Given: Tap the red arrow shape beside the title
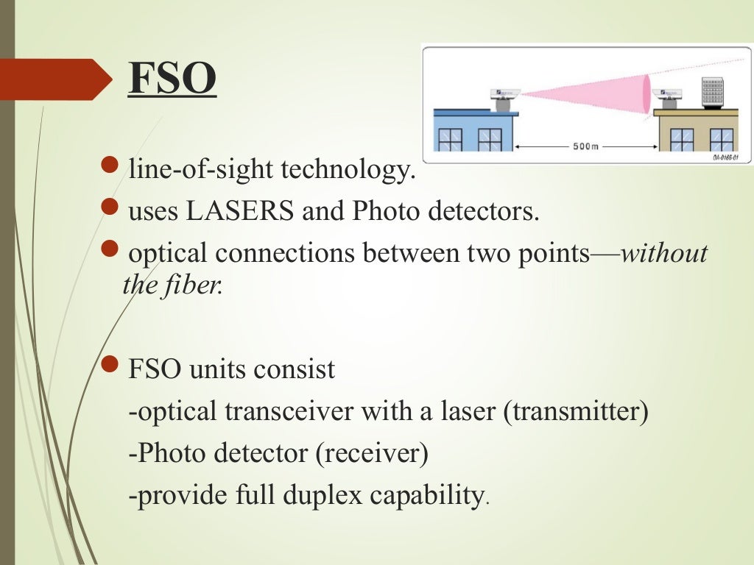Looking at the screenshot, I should coord(55,79).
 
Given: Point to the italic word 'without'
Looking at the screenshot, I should coord(664,254).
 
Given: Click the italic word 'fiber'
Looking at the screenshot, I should coord(197,285).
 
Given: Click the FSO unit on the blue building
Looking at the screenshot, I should coord(504,99).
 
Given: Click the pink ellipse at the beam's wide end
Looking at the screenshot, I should coord(646,93).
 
